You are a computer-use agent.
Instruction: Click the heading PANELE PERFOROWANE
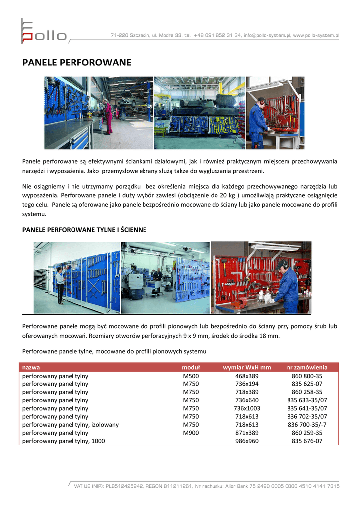tap(77, 63)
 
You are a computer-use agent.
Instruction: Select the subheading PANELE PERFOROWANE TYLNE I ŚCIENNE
tap(84, 230)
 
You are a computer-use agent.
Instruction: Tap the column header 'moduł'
tap(191, 368)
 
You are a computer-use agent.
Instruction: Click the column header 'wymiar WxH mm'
tap(247, 368)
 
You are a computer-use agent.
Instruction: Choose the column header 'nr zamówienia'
tap(307, 368)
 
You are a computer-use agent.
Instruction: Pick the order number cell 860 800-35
tap(307, 376)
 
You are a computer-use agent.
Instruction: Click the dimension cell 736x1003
tap(247, 408)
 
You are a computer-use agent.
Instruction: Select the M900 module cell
tap(191, 433)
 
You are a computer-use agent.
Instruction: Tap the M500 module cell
tap(191, 376)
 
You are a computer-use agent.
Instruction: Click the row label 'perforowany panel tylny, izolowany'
tap(71, 425)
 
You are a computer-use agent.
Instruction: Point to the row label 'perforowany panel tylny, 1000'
tap(64, 441)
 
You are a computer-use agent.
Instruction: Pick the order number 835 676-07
tap(307, 441)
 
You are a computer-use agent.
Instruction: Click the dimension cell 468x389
tap(247, 376)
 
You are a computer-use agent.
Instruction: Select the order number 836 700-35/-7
tap(307, 425)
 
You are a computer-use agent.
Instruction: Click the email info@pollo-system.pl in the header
tap(267, 36)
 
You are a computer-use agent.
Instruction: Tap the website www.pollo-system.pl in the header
tap(316, 36)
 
